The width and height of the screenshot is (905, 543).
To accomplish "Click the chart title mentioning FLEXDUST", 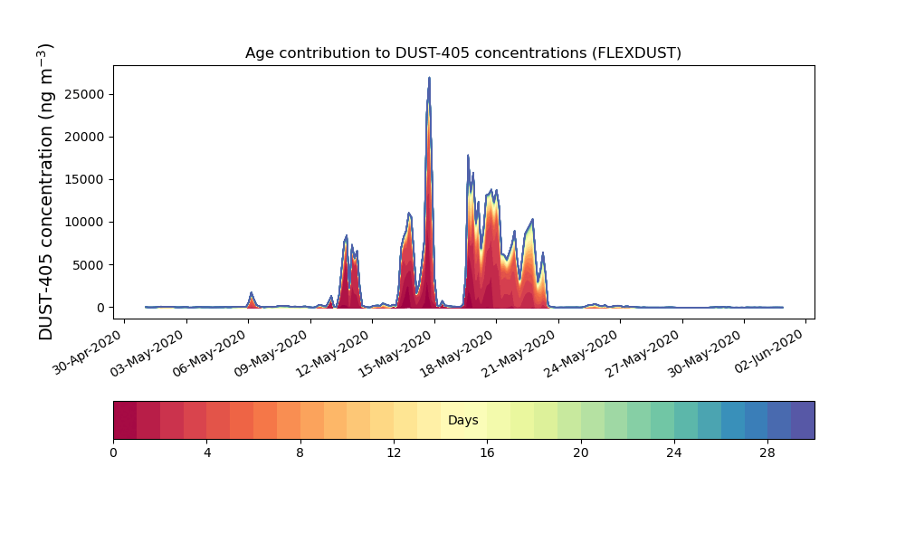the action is click(462, 53).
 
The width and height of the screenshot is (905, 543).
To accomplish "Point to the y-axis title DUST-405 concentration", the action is click(45, 192).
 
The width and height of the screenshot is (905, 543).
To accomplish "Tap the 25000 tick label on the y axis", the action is click(84, 94).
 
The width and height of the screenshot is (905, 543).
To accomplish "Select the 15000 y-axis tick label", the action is click(84, 179).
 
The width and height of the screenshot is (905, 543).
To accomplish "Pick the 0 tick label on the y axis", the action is click(101, 308).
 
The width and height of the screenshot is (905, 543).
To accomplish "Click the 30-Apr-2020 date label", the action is click(88, 352).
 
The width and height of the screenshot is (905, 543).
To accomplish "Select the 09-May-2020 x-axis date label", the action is click(273, 352).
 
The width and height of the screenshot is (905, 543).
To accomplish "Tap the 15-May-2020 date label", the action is click(397, 352).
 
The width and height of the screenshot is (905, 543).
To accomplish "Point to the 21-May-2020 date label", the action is click(521, 352).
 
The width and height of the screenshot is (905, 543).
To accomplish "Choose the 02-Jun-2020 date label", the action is click(769, 352).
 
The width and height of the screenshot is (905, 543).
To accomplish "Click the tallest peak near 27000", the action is click(429, 79).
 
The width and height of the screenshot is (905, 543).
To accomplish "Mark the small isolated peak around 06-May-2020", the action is click(251, 294).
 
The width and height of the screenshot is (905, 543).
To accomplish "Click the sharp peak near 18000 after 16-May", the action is click(468, 156).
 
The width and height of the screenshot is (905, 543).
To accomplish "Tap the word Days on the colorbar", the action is click(462, 420).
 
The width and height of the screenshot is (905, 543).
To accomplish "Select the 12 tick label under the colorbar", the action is click(394, 453).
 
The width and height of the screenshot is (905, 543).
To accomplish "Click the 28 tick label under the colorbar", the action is click(767, 453).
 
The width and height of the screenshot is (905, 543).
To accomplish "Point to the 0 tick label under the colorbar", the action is click(114, 453).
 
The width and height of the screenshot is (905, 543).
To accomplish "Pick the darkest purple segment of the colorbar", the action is click(803, 420).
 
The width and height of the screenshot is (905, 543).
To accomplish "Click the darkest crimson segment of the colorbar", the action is click(125, 420).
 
